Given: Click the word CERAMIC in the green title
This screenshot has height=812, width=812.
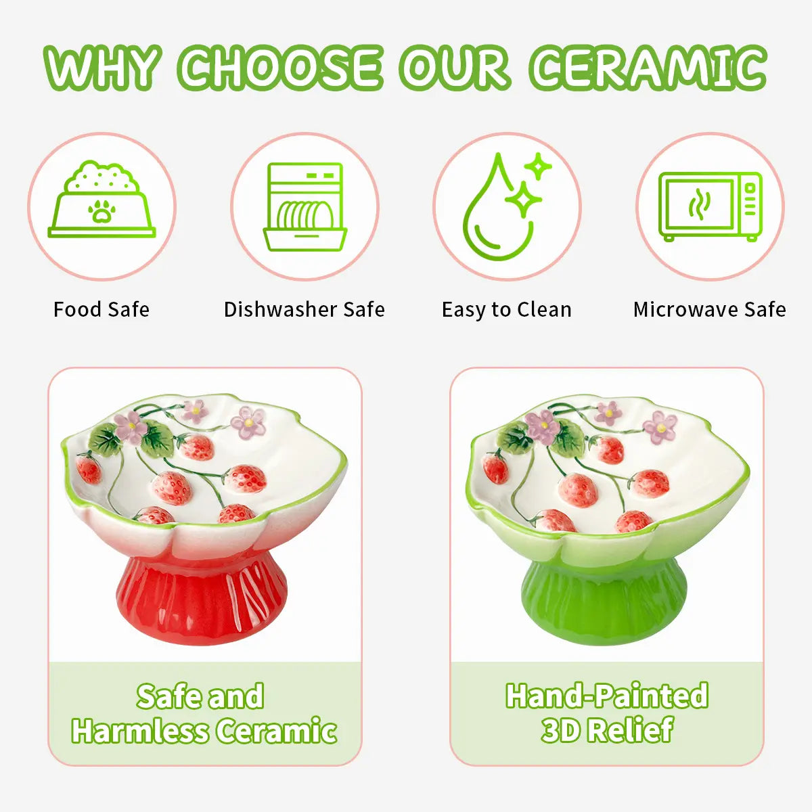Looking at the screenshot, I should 648,68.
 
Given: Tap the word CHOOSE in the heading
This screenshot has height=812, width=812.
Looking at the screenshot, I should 280,68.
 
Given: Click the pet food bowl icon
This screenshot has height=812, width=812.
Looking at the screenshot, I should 101,201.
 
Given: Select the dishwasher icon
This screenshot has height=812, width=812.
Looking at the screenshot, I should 305,206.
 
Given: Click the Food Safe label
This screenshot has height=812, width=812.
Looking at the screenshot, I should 101,310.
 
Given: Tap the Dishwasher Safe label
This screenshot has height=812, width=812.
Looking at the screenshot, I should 304,310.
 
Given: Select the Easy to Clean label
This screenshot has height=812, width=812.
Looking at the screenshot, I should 507,310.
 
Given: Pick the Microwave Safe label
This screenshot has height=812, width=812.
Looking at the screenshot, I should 710,310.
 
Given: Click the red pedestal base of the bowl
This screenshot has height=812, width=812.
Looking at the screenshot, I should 202,594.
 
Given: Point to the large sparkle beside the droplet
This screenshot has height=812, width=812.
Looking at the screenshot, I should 523,199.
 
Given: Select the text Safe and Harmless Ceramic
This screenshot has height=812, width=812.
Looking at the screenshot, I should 204,713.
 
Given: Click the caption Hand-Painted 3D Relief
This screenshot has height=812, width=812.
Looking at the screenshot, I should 607,713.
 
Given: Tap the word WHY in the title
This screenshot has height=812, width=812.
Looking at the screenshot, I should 103,68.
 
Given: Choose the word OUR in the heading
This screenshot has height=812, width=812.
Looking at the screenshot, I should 453,68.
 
